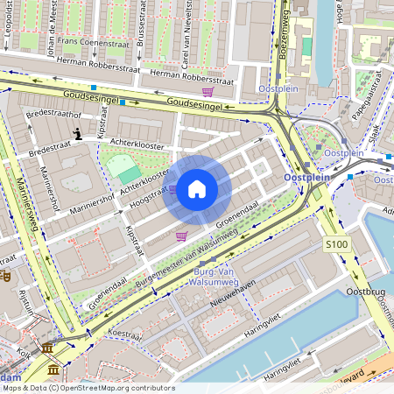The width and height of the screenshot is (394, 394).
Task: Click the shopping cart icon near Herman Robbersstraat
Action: point(208,92)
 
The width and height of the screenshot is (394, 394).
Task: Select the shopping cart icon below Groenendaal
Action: point(181,236)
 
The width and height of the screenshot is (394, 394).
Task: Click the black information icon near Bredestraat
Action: point(78,135)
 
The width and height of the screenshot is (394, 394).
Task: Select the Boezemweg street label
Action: point(284,35)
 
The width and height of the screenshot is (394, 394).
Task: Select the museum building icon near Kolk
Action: point(46,349)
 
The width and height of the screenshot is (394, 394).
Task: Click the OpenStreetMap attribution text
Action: point(88,388)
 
